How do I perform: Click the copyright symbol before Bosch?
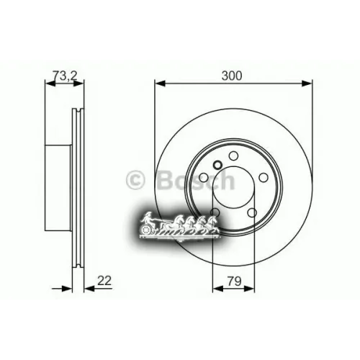click(134, 179)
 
